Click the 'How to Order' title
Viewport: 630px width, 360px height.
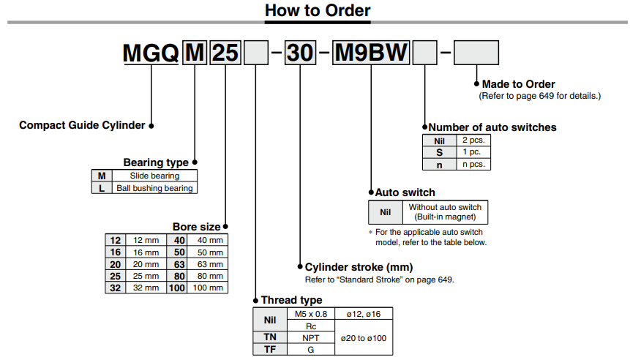coord(317,10)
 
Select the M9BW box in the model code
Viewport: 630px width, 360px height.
coord(372,53)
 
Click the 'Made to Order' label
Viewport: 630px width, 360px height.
coord(518,84)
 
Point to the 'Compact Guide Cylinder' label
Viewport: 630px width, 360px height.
coord(82,125)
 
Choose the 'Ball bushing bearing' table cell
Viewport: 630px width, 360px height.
coord(154,188)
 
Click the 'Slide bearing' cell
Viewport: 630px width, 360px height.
coord(154,176)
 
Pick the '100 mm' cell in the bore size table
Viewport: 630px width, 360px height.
coord(208,288)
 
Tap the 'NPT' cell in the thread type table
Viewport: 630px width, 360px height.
coord(310,337)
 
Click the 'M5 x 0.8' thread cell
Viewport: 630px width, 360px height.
coord(310,313)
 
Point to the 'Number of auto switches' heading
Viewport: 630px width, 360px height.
coord(492,127)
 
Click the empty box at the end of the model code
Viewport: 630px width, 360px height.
coord(476,53)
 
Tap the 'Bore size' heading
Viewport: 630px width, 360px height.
coord(195,227)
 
